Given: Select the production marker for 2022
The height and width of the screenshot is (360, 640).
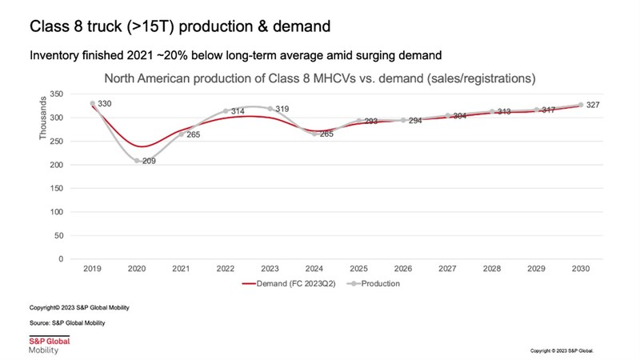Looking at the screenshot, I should [226, 111].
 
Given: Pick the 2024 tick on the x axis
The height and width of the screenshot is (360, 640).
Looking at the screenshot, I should [315, 270].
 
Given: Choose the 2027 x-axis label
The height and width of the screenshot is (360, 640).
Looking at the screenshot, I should [448, 270].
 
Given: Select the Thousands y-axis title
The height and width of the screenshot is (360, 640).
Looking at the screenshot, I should [43, 118].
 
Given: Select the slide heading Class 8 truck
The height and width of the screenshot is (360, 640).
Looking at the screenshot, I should [179, 26].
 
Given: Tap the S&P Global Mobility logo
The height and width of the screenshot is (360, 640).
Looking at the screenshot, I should [49, 345].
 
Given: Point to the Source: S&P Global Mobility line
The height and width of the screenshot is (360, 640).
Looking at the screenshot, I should [67, 322].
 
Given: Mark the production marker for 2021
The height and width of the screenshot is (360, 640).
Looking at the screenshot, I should [182, 134].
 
